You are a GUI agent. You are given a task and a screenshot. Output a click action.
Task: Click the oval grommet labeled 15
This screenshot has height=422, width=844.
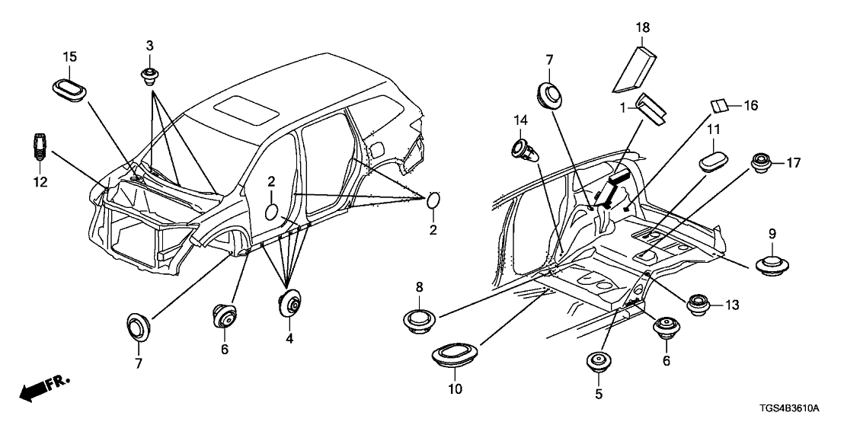70,85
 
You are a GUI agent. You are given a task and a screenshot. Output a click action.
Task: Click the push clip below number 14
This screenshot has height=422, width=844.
523,149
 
